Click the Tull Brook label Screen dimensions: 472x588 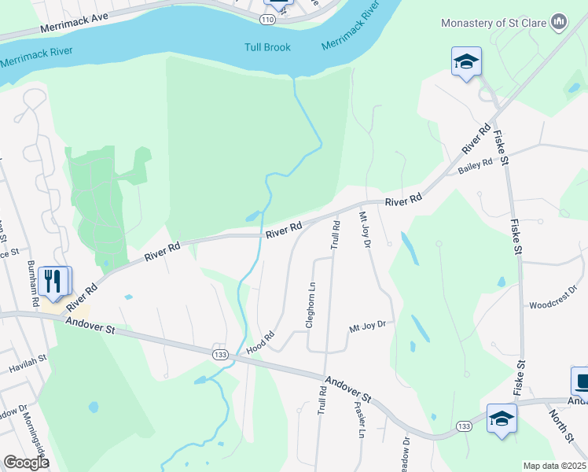point(266,47)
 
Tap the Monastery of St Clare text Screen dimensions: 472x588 point(494,22)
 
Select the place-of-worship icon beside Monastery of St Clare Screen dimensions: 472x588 point(559,21)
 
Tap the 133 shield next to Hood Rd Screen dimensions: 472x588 point(219,355)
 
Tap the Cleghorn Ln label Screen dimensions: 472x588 point(311,305)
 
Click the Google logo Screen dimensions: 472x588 point(26,463)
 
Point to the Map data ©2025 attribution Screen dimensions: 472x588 point(553,466)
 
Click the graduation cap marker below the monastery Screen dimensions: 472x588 point(465,61)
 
